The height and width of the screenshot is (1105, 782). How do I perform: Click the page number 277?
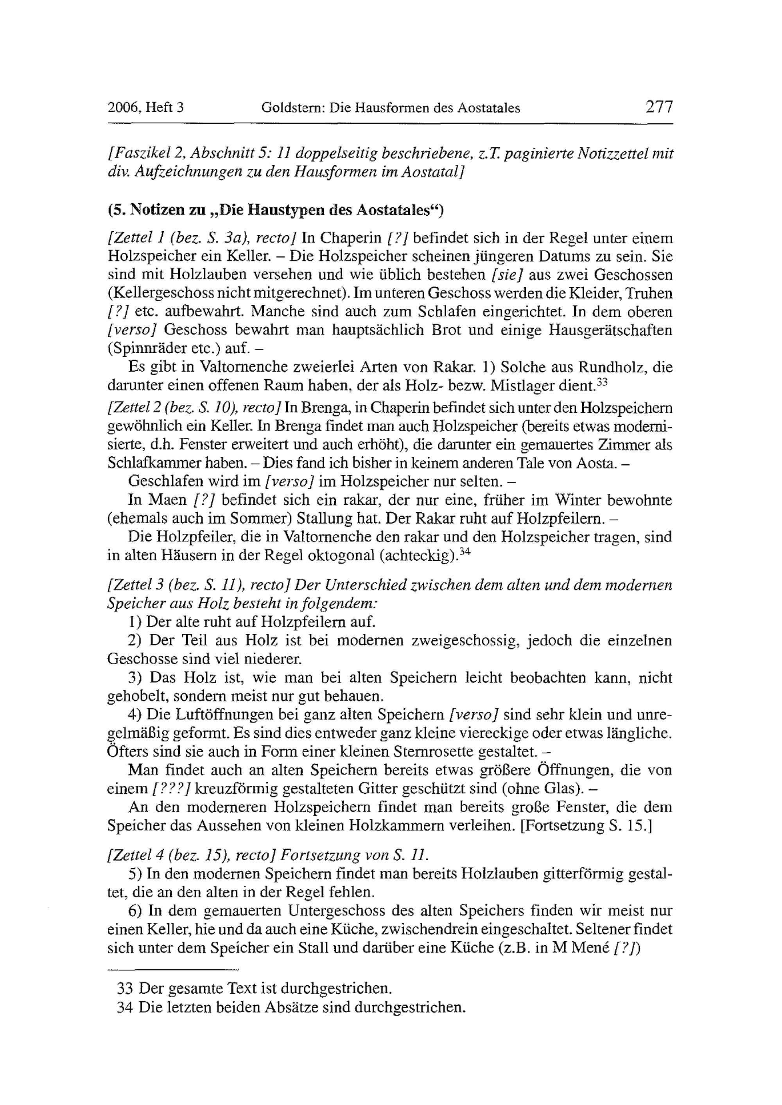[659, 107]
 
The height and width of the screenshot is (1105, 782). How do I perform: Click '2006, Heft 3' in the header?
[145, 108]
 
